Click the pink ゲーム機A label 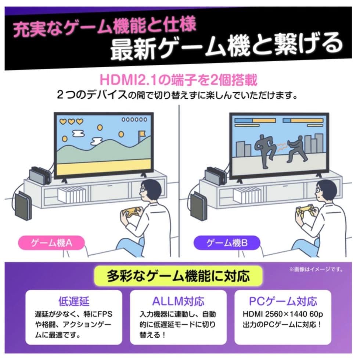52,242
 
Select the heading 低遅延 74,302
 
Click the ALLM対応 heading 178,302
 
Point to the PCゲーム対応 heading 282,302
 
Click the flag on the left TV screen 141,137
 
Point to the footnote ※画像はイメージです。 316,270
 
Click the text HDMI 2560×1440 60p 283,315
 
